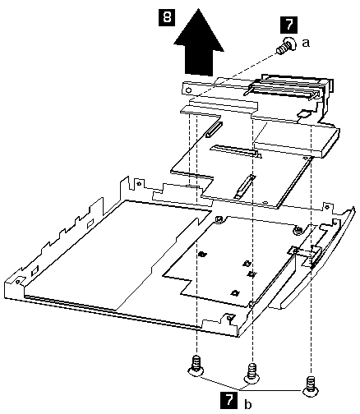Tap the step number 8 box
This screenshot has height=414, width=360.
pos(167,18)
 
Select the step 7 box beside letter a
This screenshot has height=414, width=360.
pos(288,25)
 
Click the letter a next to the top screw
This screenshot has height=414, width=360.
pos(306,43)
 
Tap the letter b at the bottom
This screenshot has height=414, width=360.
pos(247,404)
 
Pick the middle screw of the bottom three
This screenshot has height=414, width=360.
pos(252,373)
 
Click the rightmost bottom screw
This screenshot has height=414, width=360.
pos(312,386)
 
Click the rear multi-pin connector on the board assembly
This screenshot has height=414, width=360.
pos(288,87)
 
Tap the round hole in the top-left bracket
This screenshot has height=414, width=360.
pos(188,90)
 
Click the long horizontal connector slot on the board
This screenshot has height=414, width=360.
pos(235,151)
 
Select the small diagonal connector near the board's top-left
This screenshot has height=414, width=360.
pos(214,130)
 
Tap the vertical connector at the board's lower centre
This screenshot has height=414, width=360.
pos(243,186)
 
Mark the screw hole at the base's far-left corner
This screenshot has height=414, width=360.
pos(18,281)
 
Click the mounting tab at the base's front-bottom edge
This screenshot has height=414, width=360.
pos(230,318)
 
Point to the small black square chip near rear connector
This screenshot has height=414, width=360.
pos(303,113)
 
